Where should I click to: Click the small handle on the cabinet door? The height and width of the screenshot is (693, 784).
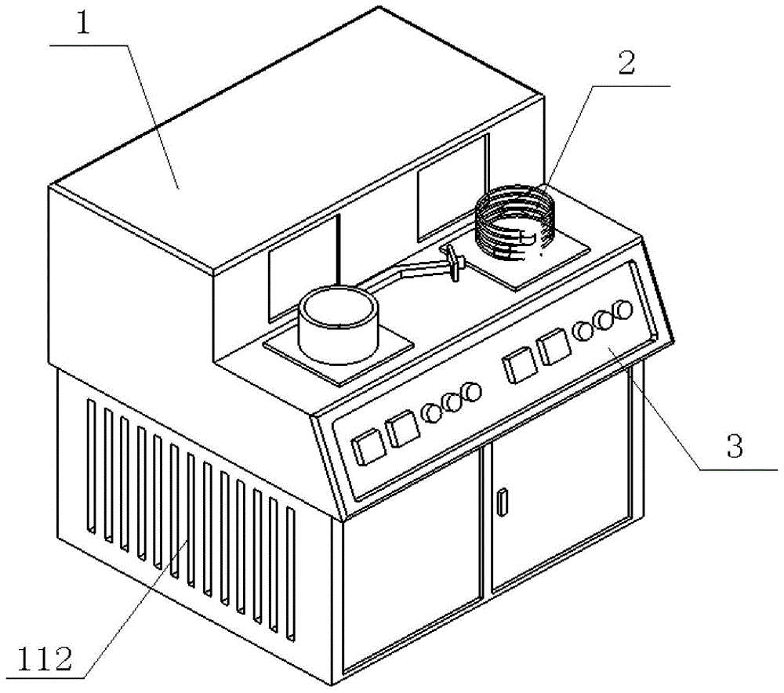pos(503,502)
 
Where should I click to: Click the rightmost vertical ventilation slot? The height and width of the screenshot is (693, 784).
pos(291,573)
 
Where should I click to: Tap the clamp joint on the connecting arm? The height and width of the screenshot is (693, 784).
pos(454,260)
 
